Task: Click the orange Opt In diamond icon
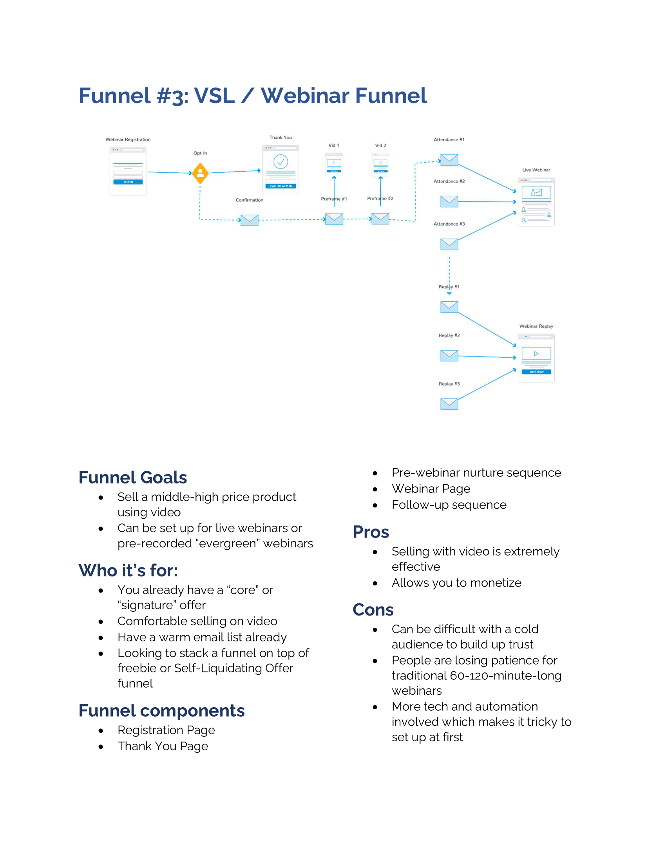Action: [200, 173]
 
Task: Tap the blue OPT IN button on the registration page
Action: [128, 182]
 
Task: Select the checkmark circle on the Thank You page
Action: [281, 161]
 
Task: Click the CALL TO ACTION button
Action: [281, 186]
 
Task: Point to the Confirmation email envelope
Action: [249, 220]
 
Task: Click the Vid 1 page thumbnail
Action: [334, 163]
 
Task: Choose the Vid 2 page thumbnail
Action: [380, 163]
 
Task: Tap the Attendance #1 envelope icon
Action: [449, 160]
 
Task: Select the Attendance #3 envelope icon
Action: [449, 244]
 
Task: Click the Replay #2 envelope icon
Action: [449, 355]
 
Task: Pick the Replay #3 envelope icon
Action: [449, 404]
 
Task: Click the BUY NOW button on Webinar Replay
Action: [536, 372]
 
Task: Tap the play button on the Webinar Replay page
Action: [536, 354]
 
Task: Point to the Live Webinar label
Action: [536, 170]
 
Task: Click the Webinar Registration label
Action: [128, 140]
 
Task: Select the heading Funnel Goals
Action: [132, 477]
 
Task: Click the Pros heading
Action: [371, 532]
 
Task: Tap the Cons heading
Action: [373, 609]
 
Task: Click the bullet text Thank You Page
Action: [163, 746]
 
